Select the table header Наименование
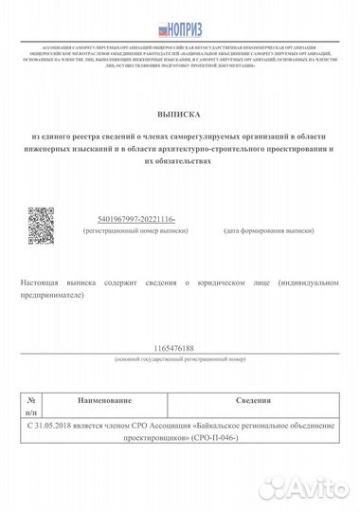[105, 403]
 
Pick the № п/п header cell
[31, 408]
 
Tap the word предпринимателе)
[56, 295]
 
